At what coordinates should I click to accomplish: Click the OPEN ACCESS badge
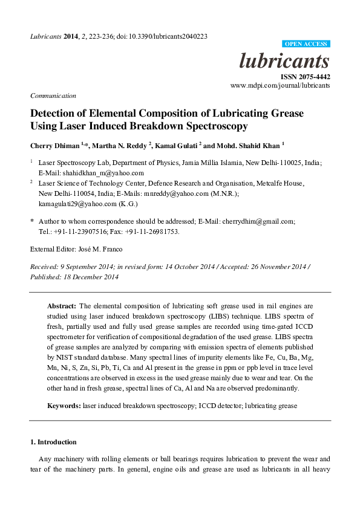pyautogui.click(x=306, y=44)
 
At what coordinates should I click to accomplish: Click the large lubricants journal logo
pyautogui.click(x=284, y=61)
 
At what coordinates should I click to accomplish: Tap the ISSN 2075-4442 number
pyautogui.click(x=305, y=77)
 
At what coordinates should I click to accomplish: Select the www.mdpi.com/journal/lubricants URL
pyautogui.click(x=280, y=86)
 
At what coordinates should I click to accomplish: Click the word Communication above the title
pyautogui.click(x=53, y=96)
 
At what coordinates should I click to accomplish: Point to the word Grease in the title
pyautogui.click(x=286, y=114)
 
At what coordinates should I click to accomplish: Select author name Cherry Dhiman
pyautogui.click(x=54, y=146)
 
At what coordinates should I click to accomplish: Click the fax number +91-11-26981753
pyautogui.click(x=152, y=232)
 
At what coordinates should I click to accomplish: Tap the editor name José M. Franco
pyautogui.click(x=105, y=249)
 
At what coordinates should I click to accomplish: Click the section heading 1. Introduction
pyautogui.click(x=53, y=443)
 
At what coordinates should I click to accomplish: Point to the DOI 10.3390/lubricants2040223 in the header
pyautogui.click(x=171, y=36)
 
